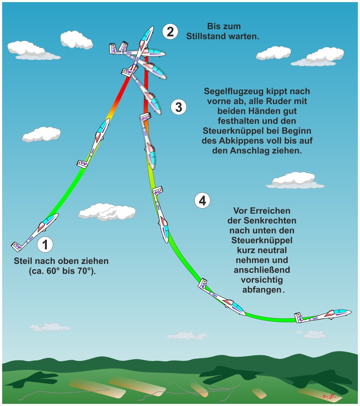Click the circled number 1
45,244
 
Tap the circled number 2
170,32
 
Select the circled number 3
178,107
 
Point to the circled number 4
202,201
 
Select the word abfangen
262,290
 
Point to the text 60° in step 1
53,271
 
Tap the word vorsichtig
262,280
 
